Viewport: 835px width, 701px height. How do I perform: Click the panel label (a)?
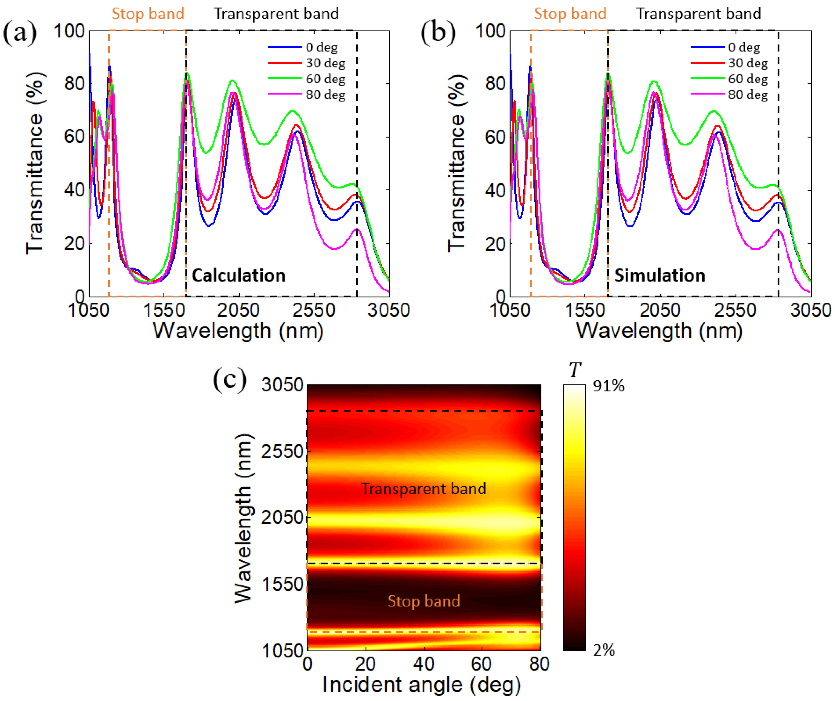point(20,33)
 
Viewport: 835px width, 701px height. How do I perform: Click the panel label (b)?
point(438,33)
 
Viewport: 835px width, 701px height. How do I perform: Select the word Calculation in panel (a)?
point(239,275)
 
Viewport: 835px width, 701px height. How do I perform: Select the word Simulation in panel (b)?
point(660,275)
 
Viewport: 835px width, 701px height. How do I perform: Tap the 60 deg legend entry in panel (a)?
point(325,79)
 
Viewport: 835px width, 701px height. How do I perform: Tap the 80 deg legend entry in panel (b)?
point(748,95)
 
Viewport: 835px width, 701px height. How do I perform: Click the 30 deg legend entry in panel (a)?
point(325,63)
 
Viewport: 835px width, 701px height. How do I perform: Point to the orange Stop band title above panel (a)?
point(148,14)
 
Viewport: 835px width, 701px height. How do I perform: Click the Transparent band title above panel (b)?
point(699,14)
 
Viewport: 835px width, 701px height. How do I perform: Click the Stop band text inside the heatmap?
point(424,601)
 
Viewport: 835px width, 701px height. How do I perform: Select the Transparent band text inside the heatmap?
point(424,488)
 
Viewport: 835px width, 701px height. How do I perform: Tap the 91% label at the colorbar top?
point(608,386)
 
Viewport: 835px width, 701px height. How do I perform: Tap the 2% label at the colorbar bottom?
point(604,650)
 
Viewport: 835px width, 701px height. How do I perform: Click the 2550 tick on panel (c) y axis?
point(282,452)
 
